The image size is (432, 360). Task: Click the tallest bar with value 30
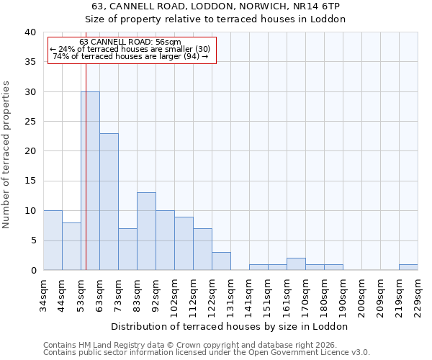tap(90, 181)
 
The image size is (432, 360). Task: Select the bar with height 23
tap(109, 202)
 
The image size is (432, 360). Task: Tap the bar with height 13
tap(146, 231)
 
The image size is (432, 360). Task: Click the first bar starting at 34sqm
tap(53, 240)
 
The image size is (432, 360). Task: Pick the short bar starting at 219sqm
tap(408, 267)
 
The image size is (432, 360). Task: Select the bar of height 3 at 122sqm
tap(221, 261)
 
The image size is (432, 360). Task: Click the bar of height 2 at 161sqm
tap(296, 264)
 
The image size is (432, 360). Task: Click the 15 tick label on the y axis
tap(30, 181)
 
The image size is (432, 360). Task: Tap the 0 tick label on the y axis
tap(32, 270)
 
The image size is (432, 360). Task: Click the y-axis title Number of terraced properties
tap(7, 154)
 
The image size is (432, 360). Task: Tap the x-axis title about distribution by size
tap(230, 326)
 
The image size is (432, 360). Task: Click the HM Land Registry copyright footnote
tap(191, 345)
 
